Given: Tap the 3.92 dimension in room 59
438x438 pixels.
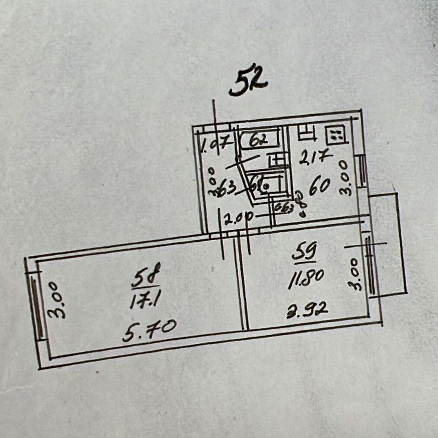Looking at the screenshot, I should [x=307, y=308].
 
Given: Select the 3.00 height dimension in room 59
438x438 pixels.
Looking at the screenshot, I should [x=356, y=274].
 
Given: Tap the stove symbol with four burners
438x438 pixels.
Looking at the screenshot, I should [x=335, y=135].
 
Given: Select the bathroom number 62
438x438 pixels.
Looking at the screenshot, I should [x=259, y=139].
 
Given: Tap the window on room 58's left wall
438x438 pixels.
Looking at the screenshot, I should [x=36, y=309].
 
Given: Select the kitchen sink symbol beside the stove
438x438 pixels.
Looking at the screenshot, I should [x=307, y=133].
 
